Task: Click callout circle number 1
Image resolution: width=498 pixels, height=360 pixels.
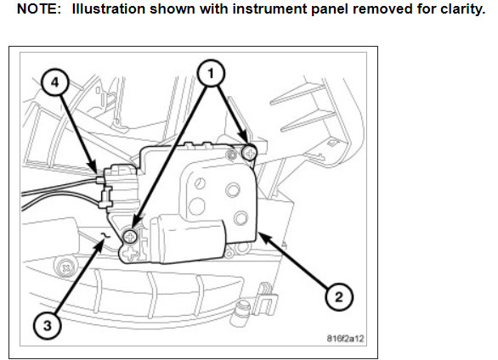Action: coord(211,73)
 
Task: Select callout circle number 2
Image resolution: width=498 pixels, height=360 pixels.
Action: coord(339,297)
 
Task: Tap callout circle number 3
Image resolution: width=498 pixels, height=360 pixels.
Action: coord(48,325)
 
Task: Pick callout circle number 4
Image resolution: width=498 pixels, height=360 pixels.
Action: coord(55,83)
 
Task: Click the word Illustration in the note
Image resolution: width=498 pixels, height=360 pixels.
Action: coord(109,8)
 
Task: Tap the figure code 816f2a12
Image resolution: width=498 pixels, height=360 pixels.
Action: coord(345,339)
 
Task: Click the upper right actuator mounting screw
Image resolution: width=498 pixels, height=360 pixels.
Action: coord(250,153)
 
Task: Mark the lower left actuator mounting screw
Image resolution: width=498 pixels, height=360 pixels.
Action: coord(130,236)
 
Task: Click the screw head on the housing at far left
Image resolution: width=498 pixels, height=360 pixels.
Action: coord(66,267)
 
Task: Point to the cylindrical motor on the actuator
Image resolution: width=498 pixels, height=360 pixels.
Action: coord(187,239)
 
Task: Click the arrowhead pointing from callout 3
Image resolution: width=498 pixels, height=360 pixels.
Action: coord(99,246)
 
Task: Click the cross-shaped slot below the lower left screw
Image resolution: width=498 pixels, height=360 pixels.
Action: coord(130,253)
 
